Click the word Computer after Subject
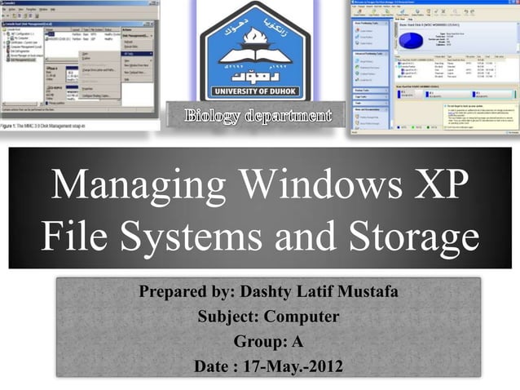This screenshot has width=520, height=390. tap(300, 317)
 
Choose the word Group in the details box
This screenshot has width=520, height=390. tap(257, 341)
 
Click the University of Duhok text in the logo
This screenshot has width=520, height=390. tap(255, 90)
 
